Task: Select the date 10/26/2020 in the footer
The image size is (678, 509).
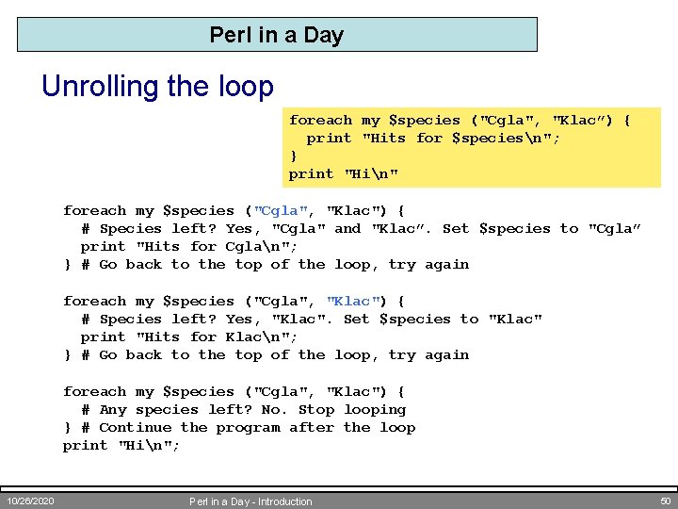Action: (x=30, y=501)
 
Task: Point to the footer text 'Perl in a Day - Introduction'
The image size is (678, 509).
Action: (x=250, y=501)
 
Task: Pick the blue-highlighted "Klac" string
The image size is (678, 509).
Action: (x=353, y=302)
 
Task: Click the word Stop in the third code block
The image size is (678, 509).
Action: (x=316, y=410)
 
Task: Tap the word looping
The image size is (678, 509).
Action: (x=375, y=410)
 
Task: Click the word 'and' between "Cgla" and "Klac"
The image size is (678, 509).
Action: (x=347, y=229)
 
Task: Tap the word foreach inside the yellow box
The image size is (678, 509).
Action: (x=320, y=121)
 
